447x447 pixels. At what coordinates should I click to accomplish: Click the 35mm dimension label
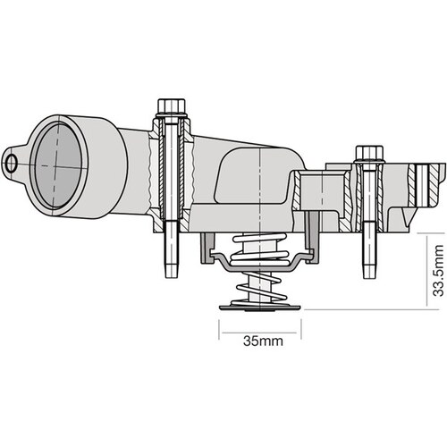(260, 341)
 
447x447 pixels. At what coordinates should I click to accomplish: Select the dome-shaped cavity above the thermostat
(255, 179)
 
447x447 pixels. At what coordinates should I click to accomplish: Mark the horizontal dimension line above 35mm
(260, 325)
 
